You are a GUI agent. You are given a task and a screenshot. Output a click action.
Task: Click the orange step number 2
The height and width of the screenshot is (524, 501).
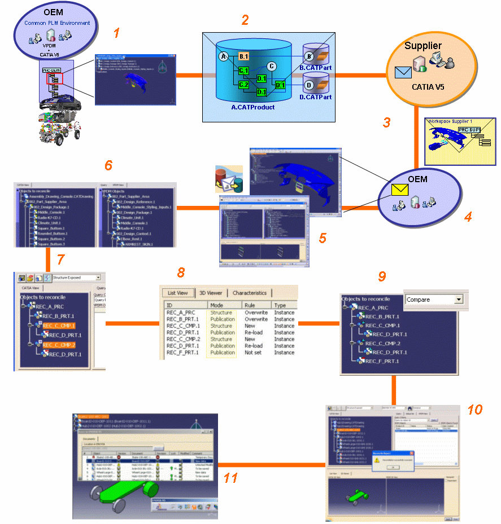point(245,20)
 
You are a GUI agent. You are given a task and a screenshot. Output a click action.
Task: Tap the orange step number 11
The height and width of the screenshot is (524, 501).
point(230,478)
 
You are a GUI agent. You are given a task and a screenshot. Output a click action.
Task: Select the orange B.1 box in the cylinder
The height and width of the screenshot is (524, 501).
point(244,57)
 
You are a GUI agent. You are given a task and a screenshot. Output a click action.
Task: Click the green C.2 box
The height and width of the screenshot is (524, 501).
point(243,85)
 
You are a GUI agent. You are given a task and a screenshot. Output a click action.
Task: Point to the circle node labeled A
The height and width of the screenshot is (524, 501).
point(224,56)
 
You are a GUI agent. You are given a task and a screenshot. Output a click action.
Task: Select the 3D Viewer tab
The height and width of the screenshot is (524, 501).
point(211,293)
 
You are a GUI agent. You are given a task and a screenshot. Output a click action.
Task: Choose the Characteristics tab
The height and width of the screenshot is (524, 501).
point(250,293)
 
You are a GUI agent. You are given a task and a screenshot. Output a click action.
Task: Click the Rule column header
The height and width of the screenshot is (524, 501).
point(250,305)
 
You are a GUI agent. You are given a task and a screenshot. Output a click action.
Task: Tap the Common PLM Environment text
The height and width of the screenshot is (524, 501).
point(57,23)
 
